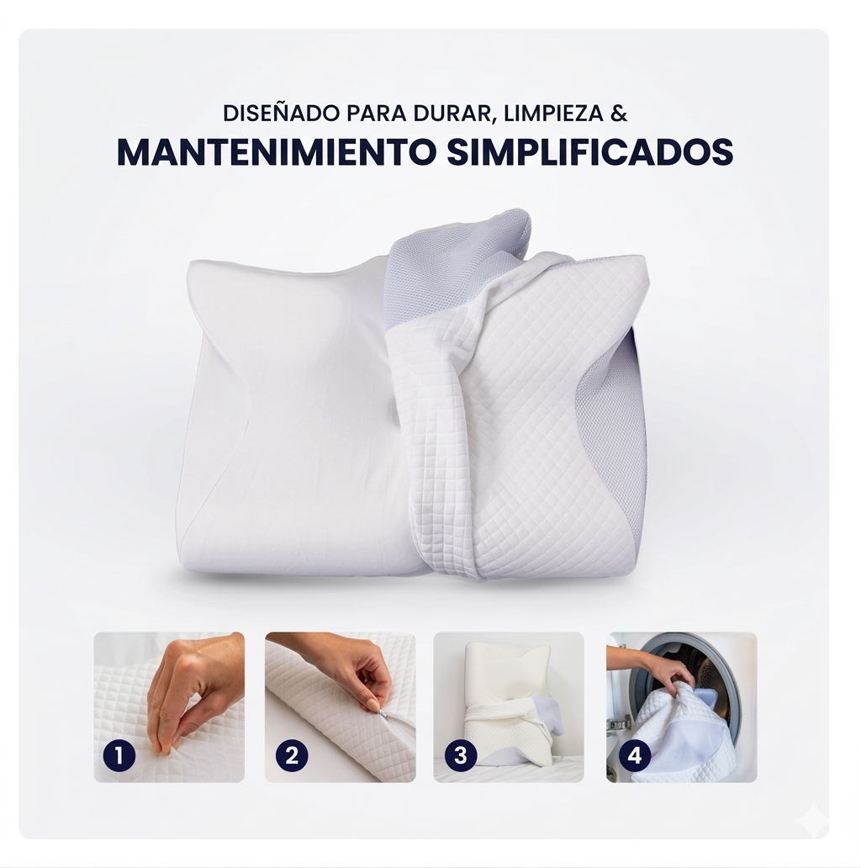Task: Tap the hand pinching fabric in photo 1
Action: tap(189, 685)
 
